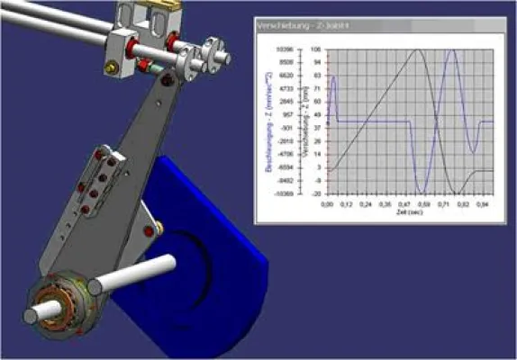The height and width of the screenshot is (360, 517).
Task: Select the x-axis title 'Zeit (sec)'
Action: tap(409, 213)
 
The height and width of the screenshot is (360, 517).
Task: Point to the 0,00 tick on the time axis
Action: tap(327, 204)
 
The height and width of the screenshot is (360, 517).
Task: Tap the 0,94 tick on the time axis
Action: tap(485, 204)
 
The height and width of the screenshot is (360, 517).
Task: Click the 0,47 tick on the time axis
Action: tap(407, 204)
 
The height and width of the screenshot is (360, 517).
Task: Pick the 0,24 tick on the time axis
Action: tap(367, 204)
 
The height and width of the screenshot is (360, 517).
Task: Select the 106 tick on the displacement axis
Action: tap(316, 49)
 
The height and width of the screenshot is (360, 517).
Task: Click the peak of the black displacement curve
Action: tap(417, 50)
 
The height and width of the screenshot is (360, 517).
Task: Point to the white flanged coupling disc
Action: tap(213, 54)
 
